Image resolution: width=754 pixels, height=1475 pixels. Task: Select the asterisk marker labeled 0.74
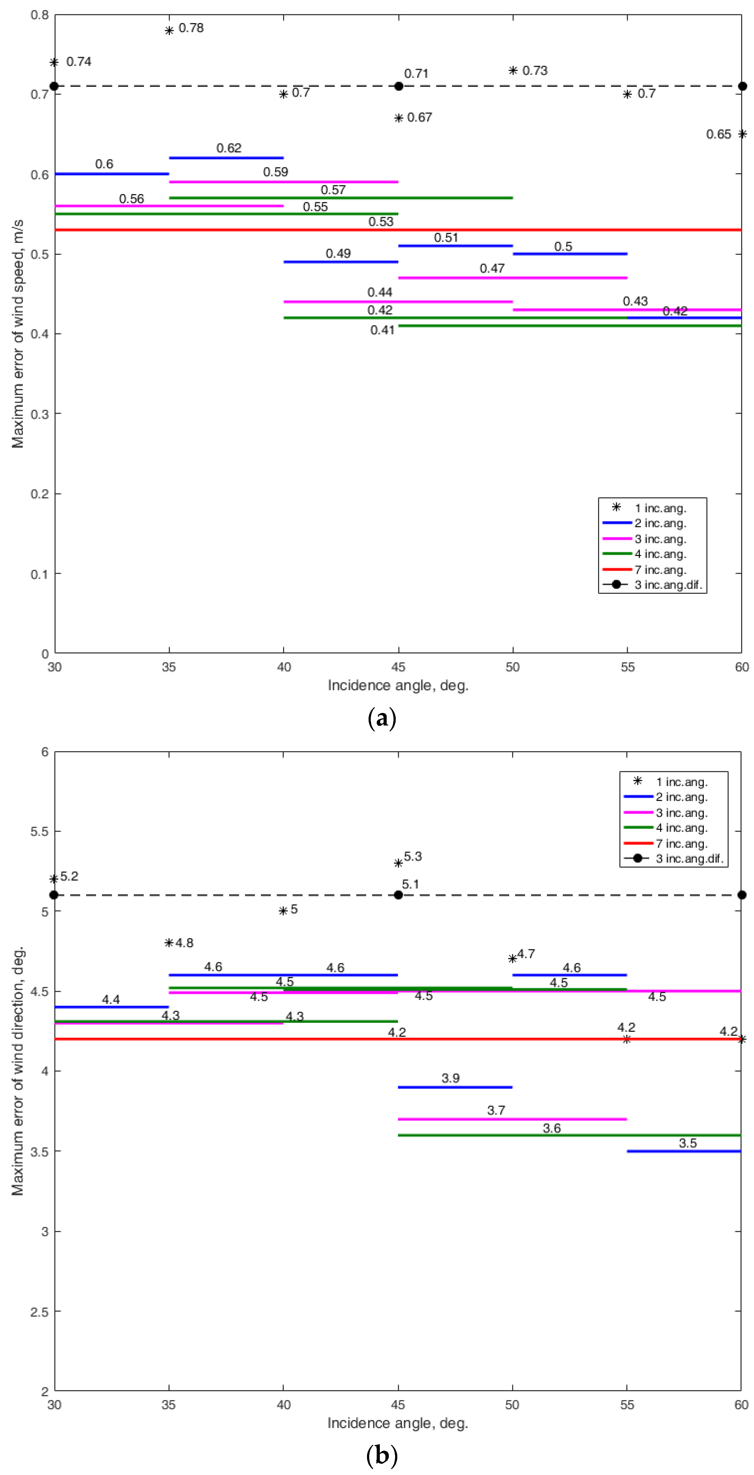(x=54, y=62)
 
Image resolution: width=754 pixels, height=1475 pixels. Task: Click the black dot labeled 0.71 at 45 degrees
(x=399, y=86)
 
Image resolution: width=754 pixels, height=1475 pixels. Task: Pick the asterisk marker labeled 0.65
(x=742, y=134)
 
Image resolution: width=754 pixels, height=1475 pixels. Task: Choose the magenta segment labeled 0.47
(x=513, y=278)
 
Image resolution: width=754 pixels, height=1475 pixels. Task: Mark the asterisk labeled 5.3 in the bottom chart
(x=398, y=863)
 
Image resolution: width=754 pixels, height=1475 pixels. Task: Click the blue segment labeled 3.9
(x=455, y=1087)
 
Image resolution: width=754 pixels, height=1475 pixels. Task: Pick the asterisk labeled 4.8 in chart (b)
(x=169, y=942)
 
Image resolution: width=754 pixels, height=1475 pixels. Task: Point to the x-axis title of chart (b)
(x=398, y=1423)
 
